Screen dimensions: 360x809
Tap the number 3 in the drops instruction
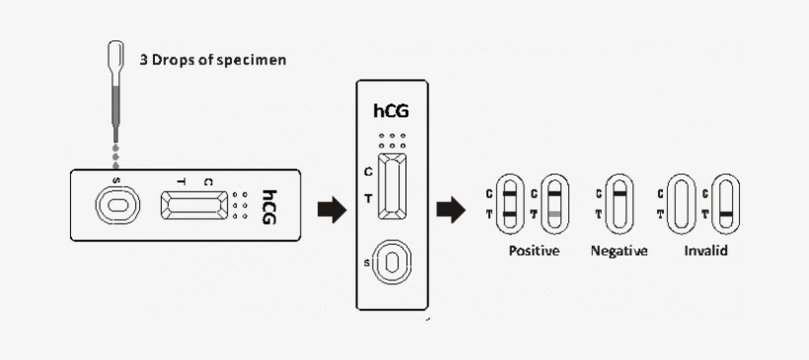coord(143,59)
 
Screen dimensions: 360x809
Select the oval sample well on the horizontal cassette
coord(116,206)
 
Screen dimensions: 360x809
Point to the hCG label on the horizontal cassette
coord(269,206)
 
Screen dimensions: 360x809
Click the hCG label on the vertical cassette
coord(392,110)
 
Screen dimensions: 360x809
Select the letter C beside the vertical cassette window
coord(368,171)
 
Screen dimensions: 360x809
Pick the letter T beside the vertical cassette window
coord(368,198)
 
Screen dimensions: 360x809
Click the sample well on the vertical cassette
coord(393,262)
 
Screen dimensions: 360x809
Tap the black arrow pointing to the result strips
coord(451,208)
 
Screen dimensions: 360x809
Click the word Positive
coord(534,252)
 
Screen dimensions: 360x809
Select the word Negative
coord(619,252)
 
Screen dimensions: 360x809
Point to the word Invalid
coord(706,252)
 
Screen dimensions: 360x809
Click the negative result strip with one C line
coord(619,204)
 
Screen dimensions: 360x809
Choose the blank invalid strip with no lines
coord(682,204)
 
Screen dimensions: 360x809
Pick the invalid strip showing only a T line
coord(725,204)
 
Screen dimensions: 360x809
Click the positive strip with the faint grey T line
coord(554,204)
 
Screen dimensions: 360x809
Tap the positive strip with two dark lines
coord(509,204)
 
